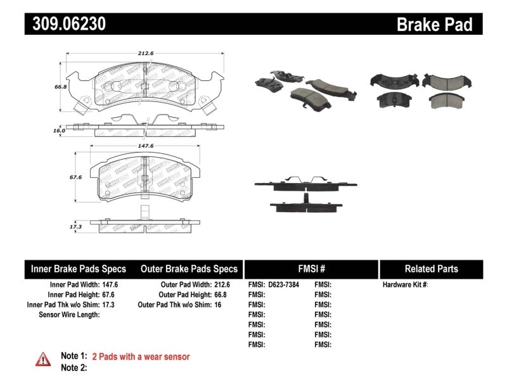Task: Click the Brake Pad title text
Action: [434, 24]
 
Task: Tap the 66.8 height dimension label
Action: [61, 87]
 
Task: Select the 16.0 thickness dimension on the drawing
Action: [59, 130]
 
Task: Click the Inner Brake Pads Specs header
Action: [79, 269]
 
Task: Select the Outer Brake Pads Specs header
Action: [189, 269]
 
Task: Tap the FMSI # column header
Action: [311, 269]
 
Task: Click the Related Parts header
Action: [431, 269]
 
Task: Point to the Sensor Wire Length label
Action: [70, 315]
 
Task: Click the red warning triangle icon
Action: [43, 359]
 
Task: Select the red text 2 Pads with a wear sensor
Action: [141, 357]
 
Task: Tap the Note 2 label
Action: [74, 367]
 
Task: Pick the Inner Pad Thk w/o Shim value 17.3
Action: [109, 305]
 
